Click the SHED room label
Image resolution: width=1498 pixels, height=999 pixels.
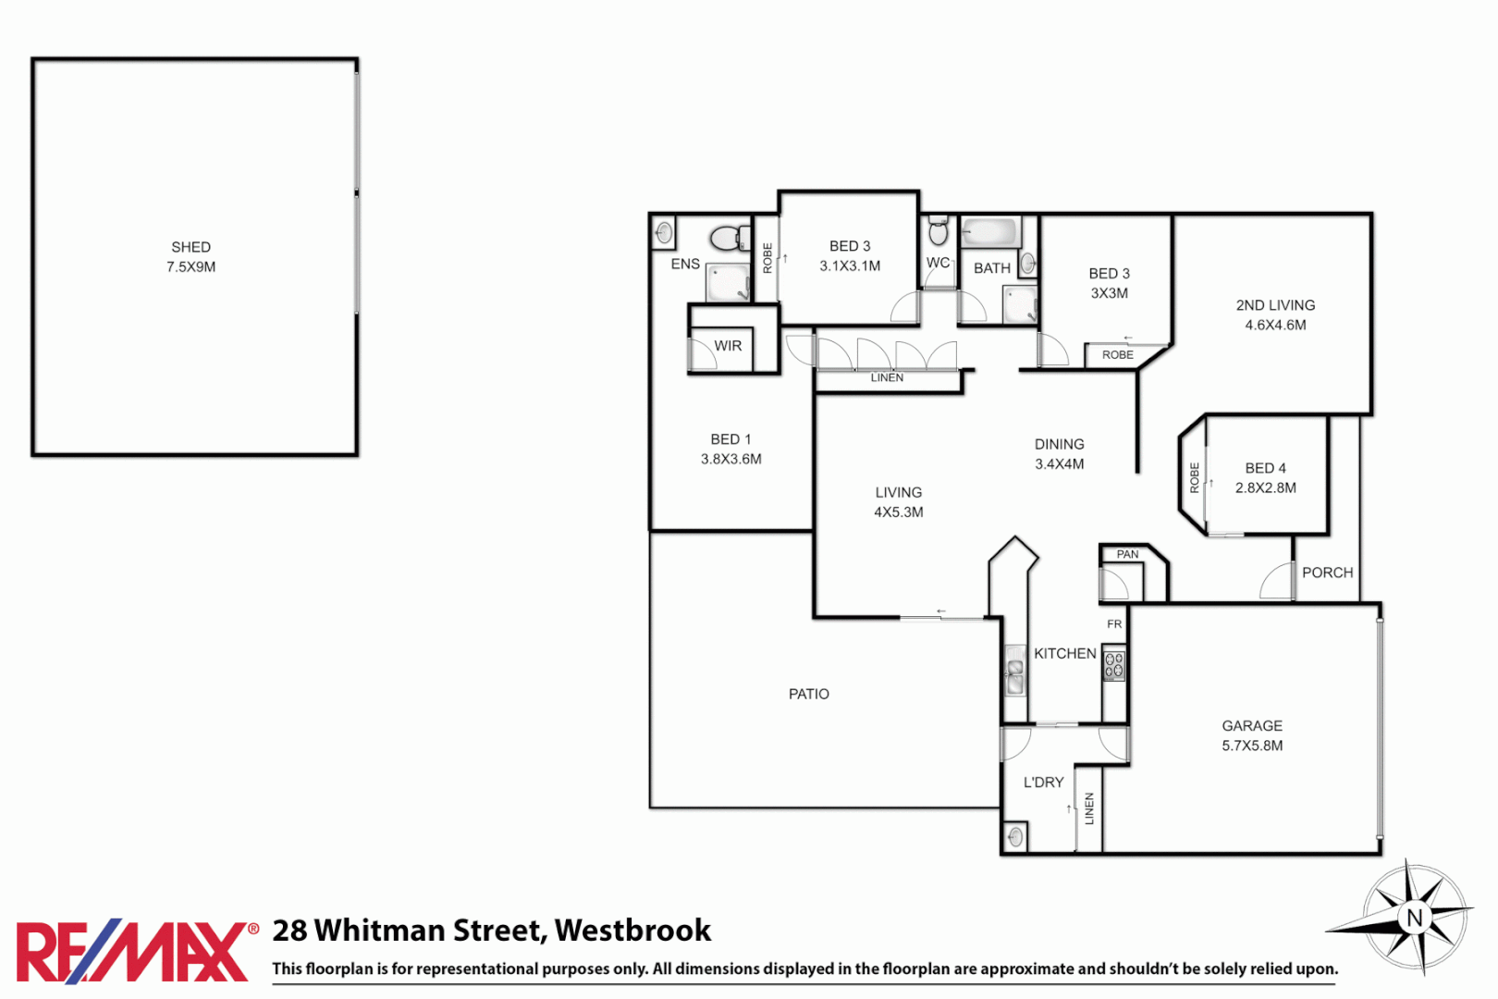[190, 247]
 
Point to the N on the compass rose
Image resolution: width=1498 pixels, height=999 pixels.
[1414, 918]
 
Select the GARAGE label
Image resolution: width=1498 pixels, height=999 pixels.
[1252, 726]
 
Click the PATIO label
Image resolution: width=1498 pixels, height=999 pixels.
[808, 694]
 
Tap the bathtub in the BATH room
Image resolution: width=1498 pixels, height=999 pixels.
[990, 231]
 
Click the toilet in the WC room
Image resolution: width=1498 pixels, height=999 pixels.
[938, 232]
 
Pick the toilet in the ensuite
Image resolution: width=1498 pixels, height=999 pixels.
[730, 238]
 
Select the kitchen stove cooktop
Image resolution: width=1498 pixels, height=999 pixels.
[1113, 666]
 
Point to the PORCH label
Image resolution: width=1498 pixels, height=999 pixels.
[1327, 573]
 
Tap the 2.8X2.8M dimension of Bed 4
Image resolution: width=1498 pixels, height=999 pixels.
[1265, 487]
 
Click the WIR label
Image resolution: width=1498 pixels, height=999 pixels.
[728, 346]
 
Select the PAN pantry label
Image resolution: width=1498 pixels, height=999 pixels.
[1127, 554]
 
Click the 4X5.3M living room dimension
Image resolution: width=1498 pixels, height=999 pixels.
[898, 512]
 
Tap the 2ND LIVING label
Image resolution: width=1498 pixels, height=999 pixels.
[1275, 305]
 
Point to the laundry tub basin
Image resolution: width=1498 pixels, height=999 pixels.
[1015, 837]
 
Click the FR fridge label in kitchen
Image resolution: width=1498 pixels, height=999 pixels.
[1114, 624]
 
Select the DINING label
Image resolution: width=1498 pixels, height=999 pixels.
[1059, 444]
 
